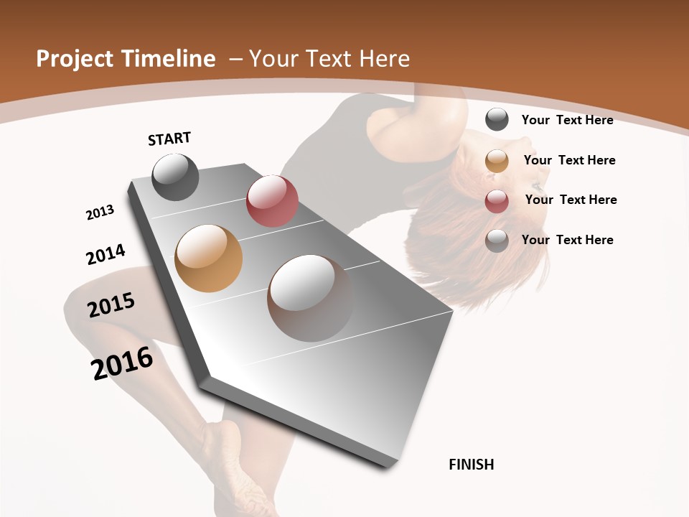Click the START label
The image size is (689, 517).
click(x=169, y=139)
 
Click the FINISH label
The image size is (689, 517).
click(x=471, y=465)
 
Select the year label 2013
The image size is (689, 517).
click(x=100, y=213)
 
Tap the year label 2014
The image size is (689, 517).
click(x=106, y=254)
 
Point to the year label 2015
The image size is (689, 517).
click(x=111, y=305)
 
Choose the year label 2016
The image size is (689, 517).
click(x=122, y=363)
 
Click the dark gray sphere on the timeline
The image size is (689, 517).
click(x=175, y=177)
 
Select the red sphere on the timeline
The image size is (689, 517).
click(x=272, y=201)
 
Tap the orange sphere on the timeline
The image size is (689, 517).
click(x=209, y=258)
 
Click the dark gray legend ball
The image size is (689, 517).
click(x=497, y=120)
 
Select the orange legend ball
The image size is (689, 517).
click(x=497, y=161)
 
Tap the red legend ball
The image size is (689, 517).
click(x=497, y=201)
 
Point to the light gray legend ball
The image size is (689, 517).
click(x=497, y=241)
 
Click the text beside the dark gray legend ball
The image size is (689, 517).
click(x=567, y=120)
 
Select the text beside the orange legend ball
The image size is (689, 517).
click(x=569, y=160)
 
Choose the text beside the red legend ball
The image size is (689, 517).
click(x=571, y=200)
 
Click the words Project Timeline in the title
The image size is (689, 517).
click(x=126, y=59)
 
